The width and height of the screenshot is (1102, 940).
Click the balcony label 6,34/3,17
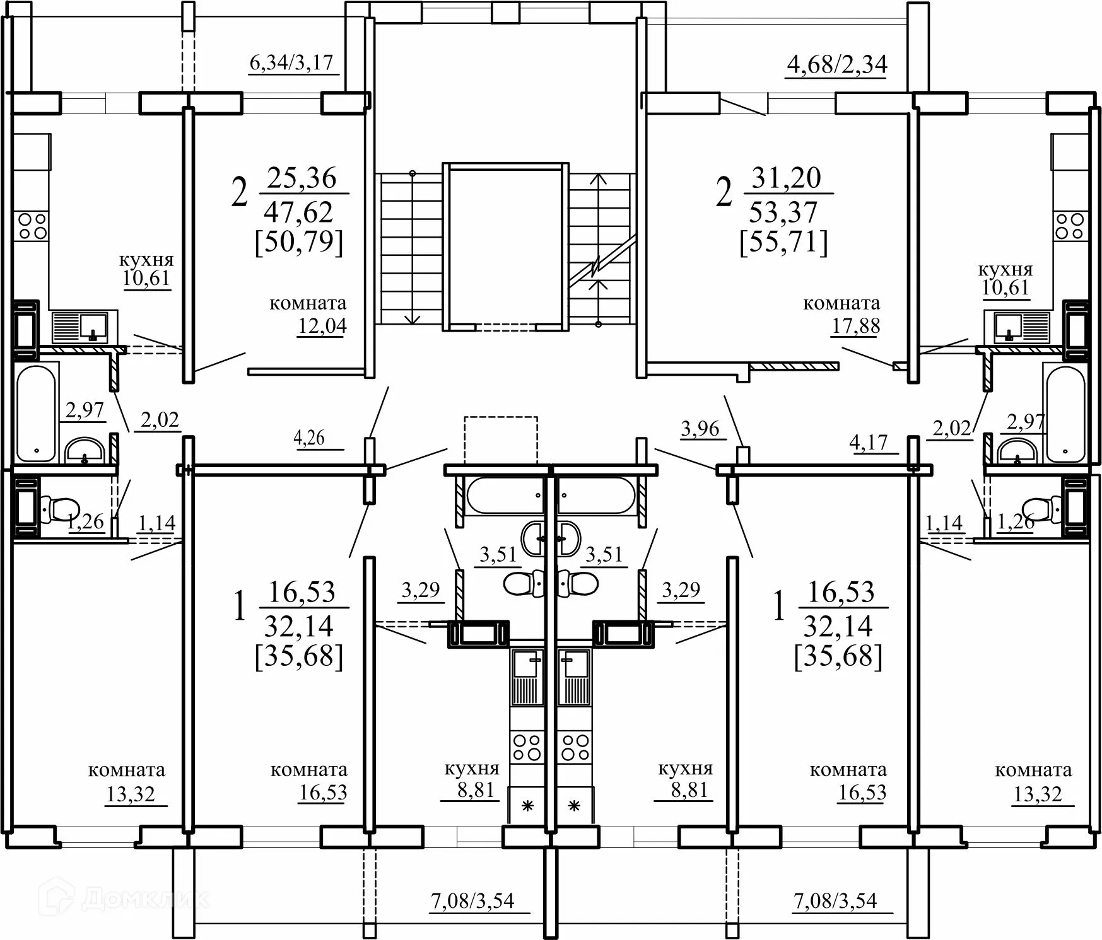tap(291, 64)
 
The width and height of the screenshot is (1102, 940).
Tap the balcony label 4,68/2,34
tap(837, 64)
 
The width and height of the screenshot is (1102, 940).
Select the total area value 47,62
tap(298, 212)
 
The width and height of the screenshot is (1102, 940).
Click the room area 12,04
tap(322, 326)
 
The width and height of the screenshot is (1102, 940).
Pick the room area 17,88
tap(855, 326)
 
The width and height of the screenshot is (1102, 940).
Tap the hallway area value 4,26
tap(309, 438)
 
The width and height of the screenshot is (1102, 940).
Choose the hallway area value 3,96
tap(700, 429)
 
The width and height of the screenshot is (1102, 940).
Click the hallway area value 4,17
tap(869, 443)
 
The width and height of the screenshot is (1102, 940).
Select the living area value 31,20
tap(786, 178)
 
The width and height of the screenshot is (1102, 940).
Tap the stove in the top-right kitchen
tap(1069, 226)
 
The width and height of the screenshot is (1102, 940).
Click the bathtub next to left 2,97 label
tap(37, 413)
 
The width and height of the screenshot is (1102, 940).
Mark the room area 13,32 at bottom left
tap(130, 794)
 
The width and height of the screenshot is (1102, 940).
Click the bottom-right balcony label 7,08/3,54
tap(835, 900)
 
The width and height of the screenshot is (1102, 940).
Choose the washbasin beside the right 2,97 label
tap(1016, 451)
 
